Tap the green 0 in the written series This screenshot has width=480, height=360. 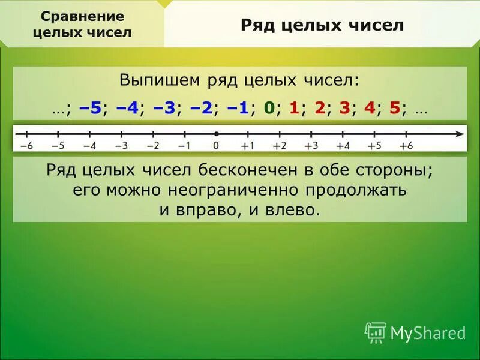click(269, 109)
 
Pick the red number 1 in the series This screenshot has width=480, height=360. click(294, 109)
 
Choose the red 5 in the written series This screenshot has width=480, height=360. click(394, 109)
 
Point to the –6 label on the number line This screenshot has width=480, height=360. click(26, 146)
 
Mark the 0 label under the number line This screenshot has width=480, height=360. click(216, 146)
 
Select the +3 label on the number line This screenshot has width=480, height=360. click(311, 146)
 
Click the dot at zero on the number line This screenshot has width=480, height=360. click(216, 133)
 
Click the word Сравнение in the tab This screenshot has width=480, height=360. click(82, 16)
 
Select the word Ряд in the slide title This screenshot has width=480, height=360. click(258, 25)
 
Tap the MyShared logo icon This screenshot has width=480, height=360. click(375, 332)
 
